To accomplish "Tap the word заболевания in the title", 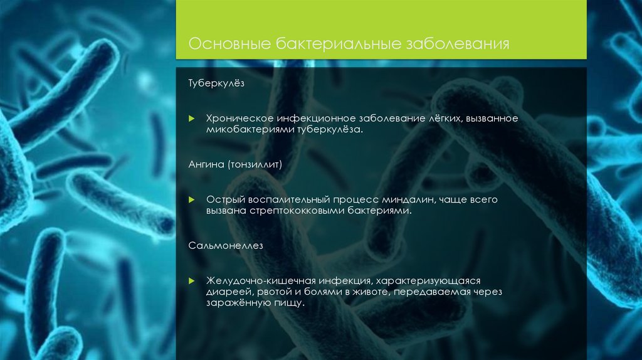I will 460,45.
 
